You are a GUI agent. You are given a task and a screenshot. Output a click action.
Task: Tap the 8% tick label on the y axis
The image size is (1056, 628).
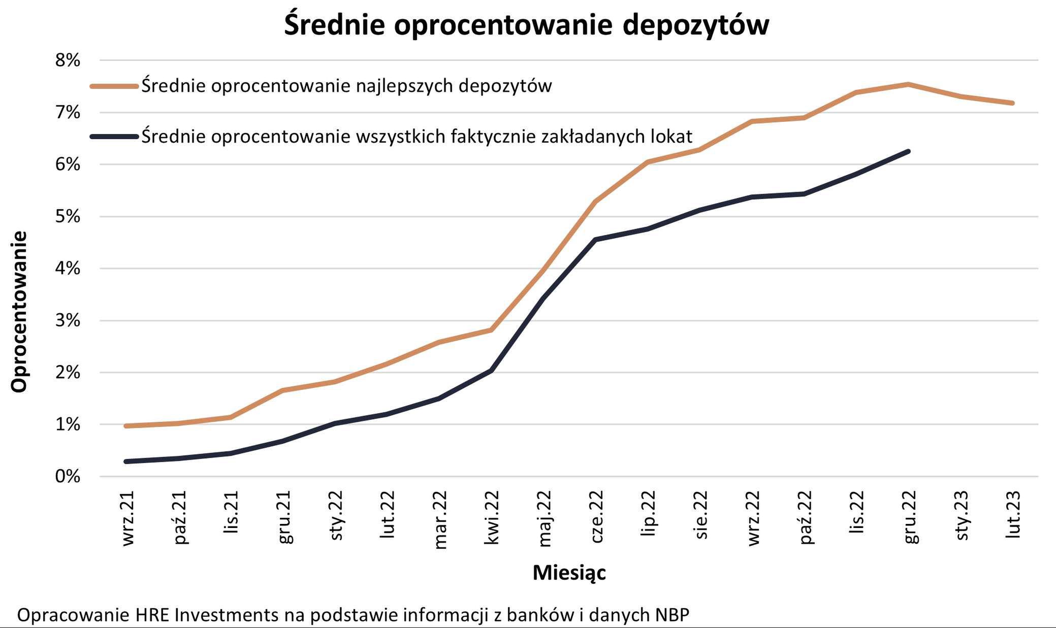click(68, 60)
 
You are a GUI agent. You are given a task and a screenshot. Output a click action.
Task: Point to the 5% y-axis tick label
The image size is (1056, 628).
click(68, 217)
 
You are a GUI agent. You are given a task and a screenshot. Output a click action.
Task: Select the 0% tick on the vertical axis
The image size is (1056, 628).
click(68, 476)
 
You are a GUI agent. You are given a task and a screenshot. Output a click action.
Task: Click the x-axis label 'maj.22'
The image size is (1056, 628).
click(543, 518)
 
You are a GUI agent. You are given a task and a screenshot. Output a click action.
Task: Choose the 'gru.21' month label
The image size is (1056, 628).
click(284, 517)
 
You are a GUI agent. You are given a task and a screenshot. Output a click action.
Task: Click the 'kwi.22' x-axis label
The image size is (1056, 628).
click(491, 517)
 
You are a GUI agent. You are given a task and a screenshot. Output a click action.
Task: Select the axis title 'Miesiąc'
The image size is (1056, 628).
click(569, 573)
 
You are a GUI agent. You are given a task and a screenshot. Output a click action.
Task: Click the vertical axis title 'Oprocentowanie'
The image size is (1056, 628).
click(19, 312)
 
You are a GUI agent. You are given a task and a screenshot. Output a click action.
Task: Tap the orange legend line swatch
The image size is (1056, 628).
click(114, 86)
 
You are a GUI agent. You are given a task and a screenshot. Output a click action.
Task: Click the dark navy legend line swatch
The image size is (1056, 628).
click(114, 137)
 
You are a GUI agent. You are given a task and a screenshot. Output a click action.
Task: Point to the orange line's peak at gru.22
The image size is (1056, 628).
click(908, 84)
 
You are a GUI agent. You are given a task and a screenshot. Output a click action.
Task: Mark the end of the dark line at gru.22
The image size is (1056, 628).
click(908, 151)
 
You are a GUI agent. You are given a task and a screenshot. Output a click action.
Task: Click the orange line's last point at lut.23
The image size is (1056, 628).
click(1012, 103)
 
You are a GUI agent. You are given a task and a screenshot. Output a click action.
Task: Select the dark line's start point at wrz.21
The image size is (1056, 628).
click(126, 461)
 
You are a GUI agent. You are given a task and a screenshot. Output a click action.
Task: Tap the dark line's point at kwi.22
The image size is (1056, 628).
click(491, 371)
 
